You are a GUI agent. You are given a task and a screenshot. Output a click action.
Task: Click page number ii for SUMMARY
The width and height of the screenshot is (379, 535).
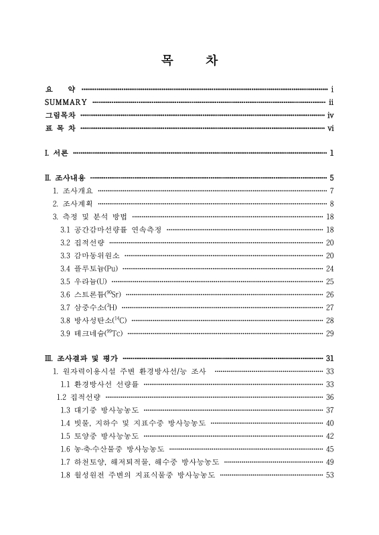tap(331, 102)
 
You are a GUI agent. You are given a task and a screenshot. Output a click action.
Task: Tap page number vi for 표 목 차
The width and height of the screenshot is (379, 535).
tap(331, 129)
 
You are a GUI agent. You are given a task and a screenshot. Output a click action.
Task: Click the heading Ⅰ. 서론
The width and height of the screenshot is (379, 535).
tap(56, 153)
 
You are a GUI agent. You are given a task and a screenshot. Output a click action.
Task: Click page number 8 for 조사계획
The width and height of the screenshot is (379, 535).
tap(331, 203)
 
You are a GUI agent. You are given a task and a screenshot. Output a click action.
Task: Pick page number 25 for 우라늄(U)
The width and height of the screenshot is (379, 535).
tap(329, 282)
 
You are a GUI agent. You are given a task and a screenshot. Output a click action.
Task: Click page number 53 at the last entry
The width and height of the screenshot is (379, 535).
tap(329, 475)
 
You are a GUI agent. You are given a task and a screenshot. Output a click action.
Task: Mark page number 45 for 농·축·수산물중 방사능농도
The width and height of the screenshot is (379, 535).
tap(329, 449)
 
